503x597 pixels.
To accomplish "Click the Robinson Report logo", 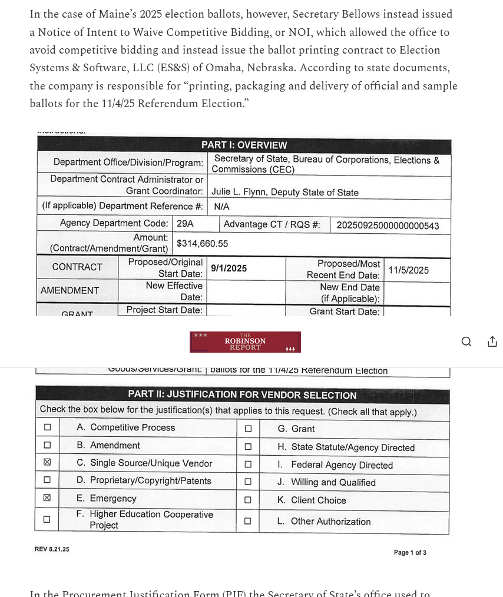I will pyautogui.click(x=245, y=342).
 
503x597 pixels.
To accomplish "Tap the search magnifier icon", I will pyautogui.click(x=466, y=342).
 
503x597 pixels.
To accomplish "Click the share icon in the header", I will pyautogui.click(x=492, y=342).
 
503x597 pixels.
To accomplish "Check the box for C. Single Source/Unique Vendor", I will pyautogui.click(x=47, y=463).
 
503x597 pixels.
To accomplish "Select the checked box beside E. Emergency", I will pyautogui.click(x=47, y=498).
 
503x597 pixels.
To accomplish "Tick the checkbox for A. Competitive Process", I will pyautogui.click(x=47, y=428).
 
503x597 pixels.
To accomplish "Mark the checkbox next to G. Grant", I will pyautogui.click(x=248, y=429).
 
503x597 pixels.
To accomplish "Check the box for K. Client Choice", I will pyautogui.click(x=248, y=500).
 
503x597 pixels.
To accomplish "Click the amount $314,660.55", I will pyautogui.click(x=202, y=244).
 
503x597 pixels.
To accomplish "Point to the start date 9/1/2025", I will pyautogui.click(x=229, y=268).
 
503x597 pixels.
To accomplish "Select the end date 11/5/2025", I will pyautogui.click(x=408, y=270).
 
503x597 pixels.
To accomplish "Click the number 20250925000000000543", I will pyautogui.click(x=388, y=225).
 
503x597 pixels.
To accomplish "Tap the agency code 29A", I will pyautogui.click(x=185, y=224).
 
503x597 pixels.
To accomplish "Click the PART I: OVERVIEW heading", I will pyautogui.click(x=244, y=145).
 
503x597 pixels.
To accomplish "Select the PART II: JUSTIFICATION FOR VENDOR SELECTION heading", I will pyautogui.click(x=242, y=395).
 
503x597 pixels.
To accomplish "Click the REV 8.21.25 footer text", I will pyautogui.click(x=52, y=549).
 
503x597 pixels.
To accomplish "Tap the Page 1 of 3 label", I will pyautogui.click(x=410, y=552).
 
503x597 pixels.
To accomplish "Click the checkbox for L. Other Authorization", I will pyautogui.click(x=248, y=521).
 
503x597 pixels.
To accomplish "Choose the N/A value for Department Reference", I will pyautogui.click(x=221, y=207).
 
